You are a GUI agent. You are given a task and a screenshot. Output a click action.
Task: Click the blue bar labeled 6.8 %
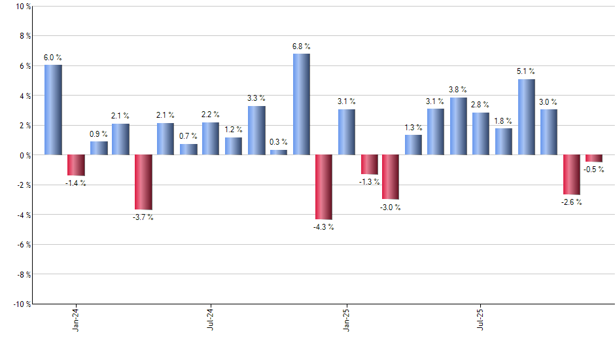pos(302,104)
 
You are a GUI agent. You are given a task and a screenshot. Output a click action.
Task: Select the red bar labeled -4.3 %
pos(324,187)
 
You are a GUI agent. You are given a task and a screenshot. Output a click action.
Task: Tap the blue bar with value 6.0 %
pos(53,110)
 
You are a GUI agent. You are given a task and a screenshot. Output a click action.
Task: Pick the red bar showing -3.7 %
pos(143,182)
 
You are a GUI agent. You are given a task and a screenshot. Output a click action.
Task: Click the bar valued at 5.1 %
pos(527,117)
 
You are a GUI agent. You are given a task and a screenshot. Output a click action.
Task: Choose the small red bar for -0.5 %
pos(594,158)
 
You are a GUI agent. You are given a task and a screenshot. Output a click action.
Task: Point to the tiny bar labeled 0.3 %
pos(279,153)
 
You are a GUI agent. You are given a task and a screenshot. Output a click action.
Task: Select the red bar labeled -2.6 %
pos(572,174)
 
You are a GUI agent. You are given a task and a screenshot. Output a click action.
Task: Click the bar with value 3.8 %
pos(459,126)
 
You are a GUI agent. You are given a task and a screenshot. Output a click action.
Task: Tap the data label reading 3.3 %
pos(256,98)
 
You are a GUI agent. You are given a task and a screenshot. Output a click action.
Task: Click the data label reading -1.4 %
pos(75,183)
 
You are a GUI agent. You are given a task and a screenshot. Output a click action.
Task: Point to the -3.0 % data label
pos(391,207)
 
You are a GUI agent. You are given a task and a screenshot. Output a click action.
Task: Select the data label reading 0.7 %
pos(188,136)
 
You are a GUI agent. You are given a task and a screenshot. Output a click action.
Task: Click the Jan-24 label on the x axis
pos(76,319)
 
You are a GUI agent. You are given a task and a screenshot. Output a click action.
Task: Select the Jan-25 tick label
pos(346,319)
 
